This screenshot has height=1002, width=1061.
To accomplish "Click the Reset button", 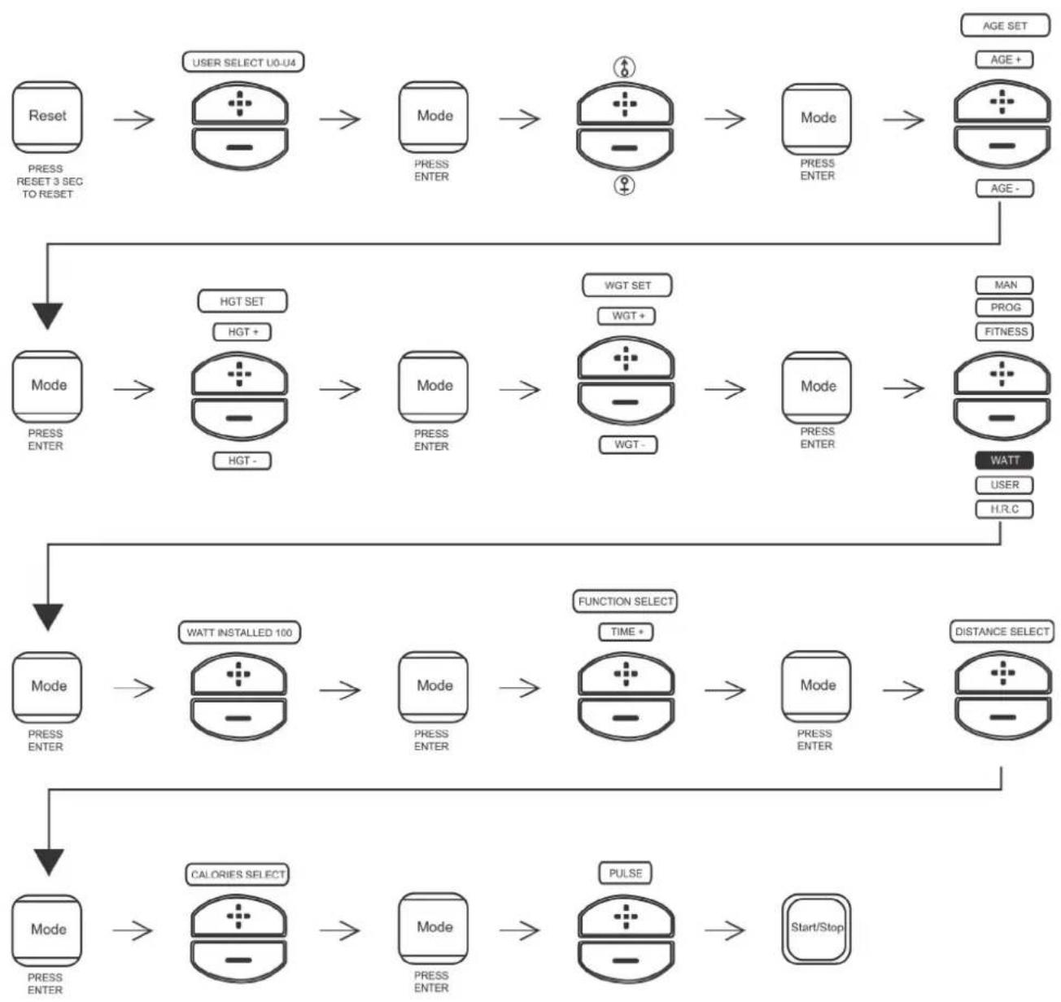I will click(x=47, y=116).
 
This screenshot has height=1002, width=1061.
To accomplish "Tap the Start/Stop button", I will click(x=816, y=928).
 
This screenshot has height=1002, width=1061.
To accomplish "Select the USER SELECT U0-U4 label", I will click(x=243, y=63).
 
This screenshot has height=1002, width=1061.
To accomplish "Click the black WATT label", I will click(x=1004, y=461).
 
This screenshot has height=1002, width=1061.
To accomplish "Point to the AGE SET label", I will click(x=1004, y=26).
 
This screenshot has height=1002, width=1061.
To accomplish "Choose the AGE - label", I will click(x=1004, y=189).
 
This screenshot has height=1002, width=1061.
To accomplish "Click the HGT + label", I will click(x=242, y=332).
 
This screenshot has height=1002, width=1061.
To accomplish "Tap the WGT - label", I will click(x=627, y=445).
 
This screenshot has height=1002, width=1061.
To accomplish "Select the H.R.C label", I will click(x=1004, y=510).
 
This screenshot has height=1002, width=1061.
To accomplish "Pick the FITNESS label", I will click(x=1004, y=332).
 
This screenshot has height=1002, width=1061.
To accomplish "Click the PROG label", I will click(x=1004, y=308).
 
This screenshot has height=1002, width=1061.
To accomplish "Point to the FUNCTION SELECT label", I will click(x=625, y=602).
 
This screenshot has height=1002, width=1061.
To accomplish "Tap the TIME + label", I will click(x=626, y=632).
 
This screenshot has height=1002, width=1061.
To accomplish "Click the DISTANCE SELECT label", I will click(x=1002, y=632).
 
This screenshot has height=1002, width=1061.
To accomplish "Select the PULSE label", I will click(x=625, y=873).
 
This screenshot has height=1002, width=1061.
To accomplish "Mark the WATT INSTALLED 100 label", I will click(x=238, y=632).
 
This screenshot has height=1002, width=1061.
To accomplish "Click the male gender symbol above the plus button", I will click(x=624, y=68).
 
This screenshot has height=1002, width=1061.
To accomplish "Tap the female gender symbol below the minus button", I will click(x=624, y=186).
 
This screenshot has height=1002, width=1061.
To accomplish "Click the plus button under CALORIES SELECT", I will click(x=238, y=917).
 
